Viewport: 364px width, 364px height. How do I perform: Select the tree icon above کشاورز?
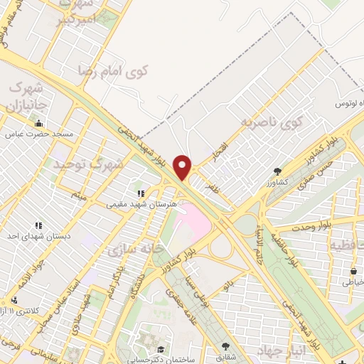coord(277,171)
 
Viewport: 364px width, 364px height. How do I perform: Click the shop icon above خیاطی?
coord(353,270)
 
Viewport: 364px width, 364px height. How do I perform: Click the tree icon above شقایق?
coord(225,348)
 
